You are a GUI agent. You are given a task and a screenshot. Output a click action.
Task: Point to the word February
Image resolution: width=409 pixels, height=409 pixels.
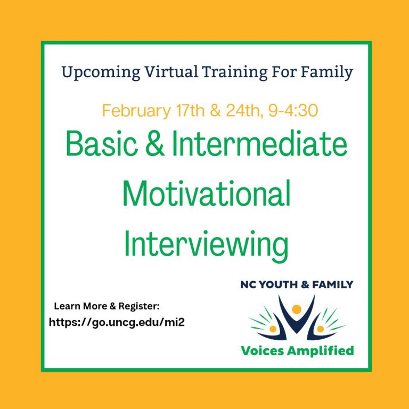click(x=136, y=111)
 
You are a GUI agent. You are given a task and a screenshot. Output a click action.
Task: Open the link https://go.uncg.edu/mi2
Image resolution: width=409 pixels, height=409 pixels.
click(x=117, y=322)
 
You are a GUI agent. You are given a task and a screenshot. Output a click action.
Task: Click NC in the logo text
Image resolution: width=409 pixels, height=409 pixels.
click(x=248, y=284)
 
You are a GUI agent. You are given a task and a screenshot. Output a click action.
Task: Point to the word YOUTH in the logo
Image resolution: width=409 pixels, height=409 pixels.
click(x=278, y=284)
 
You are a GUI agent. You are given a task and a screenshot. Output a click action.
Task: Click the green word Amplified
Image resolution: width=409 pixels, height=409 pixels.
click(x=322, y=350)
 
